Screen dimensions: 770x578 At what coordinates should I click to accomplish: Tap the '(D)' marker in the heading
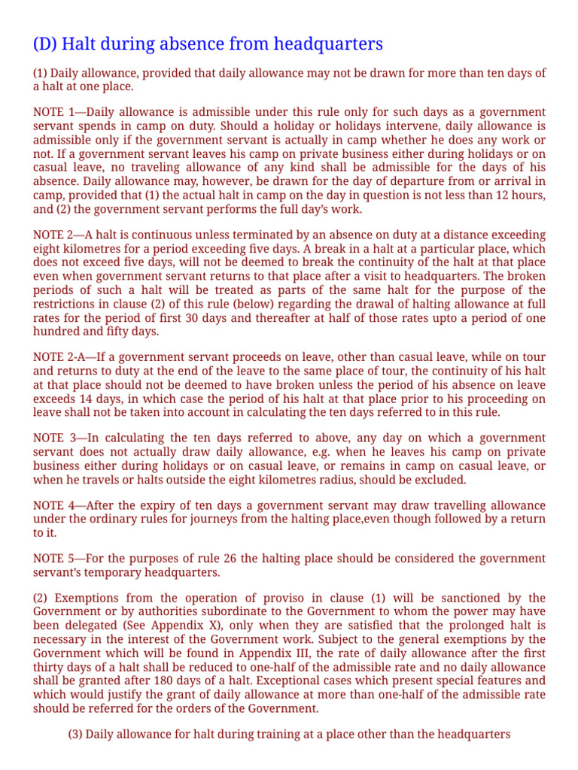tap(44, 44)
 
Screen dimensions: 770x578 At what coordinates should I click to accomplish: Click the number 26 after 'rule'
tap(224, 559)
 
